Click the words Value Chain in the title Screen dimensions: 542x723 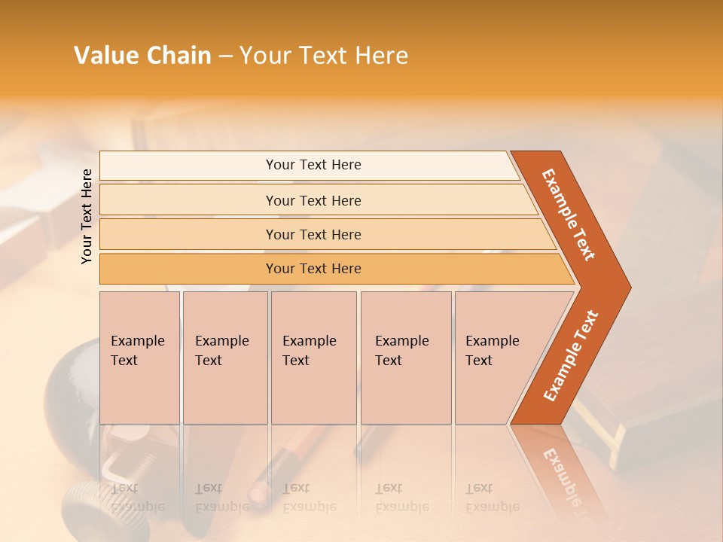142,56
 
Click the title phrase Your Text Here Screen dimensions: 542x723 324,56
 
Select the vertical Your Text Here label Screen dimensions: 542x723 87,216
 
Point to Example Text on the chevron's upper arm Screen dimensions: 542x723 569,214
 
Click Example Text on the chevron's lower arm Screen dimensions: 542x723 571,356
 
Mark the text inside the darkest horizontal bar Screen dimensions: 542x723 313,269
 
